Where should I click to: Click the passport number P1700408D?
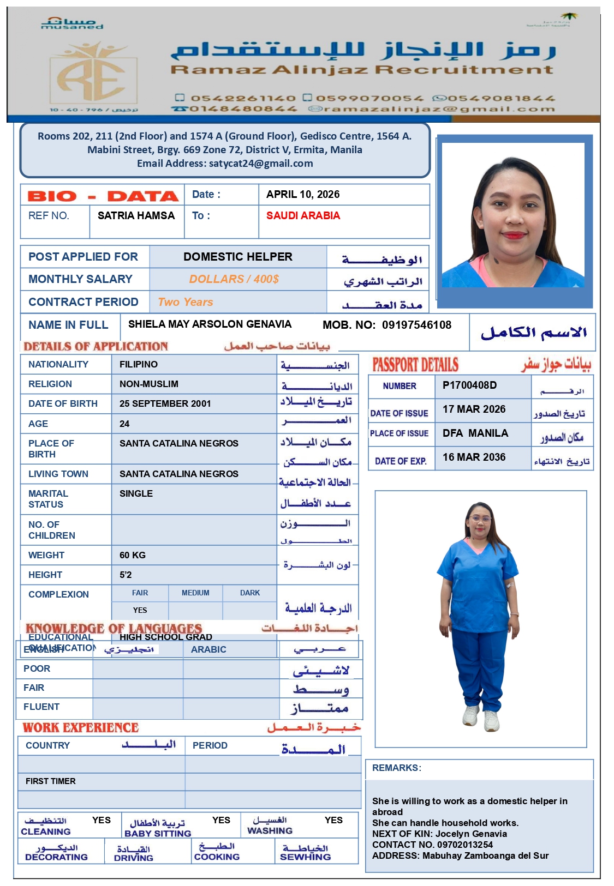(x=469, y=385)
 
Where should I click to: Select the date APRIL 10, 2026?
(x=303, y=195)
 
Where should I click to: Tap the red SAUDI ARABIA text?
(x=303, y=216)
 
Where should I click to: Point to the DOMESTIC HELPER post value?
(x=238, y=257)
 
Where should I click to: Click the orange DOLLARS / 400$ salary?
(x=234, y=279)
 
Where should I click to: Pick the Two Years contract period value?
(x=186, y=302)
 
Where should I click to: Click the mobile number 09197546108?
(x=416, y=326)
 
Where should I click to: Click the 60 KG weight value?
(x=133, y=556)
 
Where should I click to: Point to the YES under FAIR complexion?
(x=140, y=611)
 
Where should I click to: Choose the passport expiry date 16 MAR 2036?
(x=474, y=457)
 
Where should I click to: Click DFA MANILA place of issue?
(x=475, y=433)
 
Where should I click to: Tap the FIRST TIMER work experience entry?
(x=51, y=781)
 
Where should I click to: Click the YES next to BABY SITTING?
(x=221, y=821)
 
